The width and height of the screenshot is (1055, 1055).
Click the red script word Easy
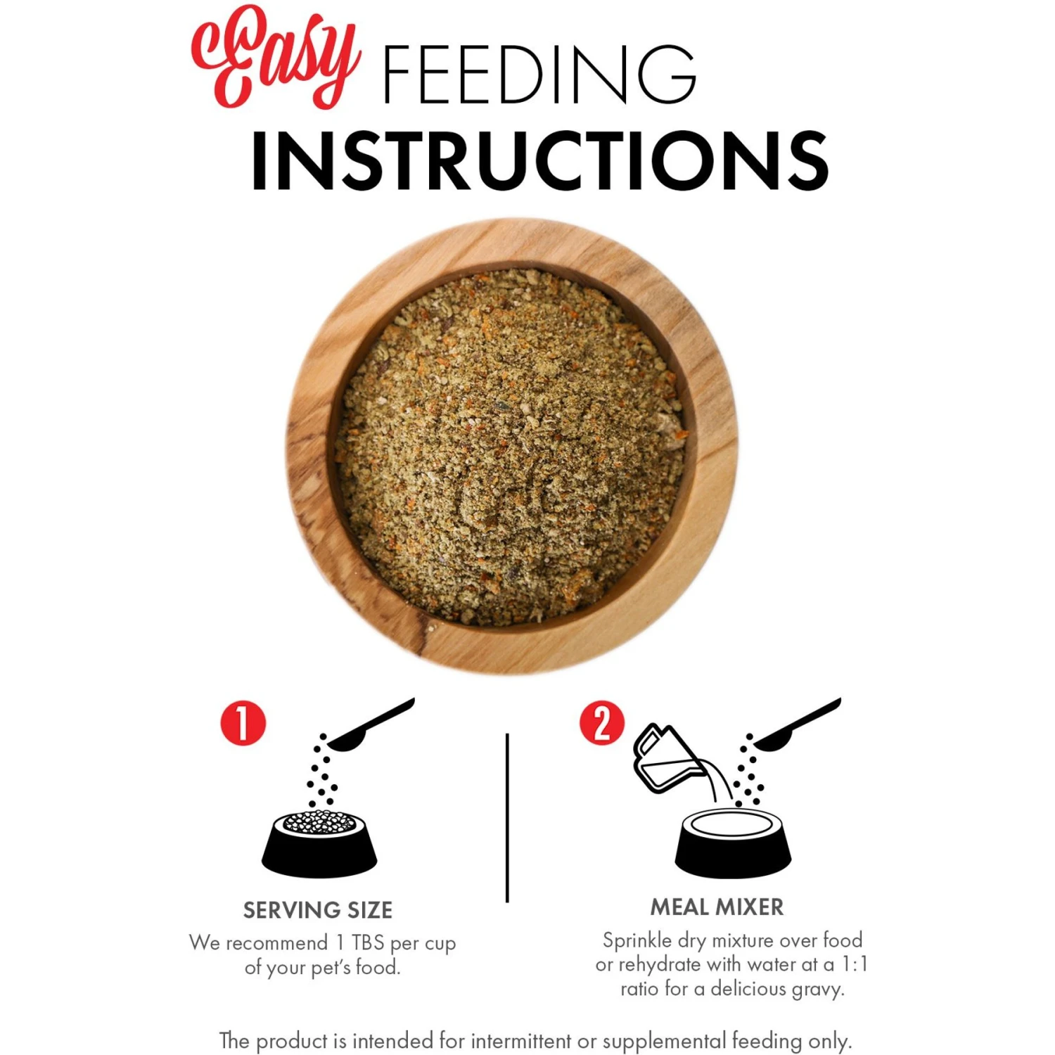pyautogui.click(x=276, y=56)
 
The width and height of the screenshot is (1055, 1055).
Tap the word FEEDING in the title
pyautogui.click(x=539, y=74)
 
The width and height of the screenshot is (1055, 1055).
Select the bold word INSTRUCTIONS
pyautogui.click(x=539, y=160)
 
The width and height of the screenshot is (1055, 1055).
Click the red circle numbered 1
pyautogui.click(x=243, y=723)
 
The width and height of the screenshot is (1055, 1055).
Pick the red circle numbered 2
pyautogui.click(x=602, y=723)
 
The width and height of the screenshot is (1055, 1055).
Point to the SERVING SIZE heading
pyautogui.click(x=318, y=910)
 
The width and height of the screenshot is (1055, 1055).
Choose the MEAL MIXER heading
pyautogui.click(x=717, y=907)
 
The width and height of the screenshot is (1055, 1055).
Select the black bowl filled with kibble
pyautogui.click(x=319, y=844)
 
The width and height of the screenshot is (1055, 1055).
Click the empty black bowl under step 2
pyautogui.click(x=733, y=844)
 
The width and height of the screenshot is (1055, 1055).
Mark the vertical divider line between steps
pyautogui.click(x=507, y=817)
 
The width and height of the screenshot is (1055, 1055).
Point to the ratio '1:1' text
pyautogui.click(x=855, y=964)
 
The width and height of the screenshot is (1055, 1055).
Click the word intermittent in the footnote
pyautogui.click(x=521, y=1040)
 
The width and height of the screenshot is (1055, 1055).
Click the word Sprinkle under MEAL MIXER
pyautogui.click(x=637, y=940)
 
